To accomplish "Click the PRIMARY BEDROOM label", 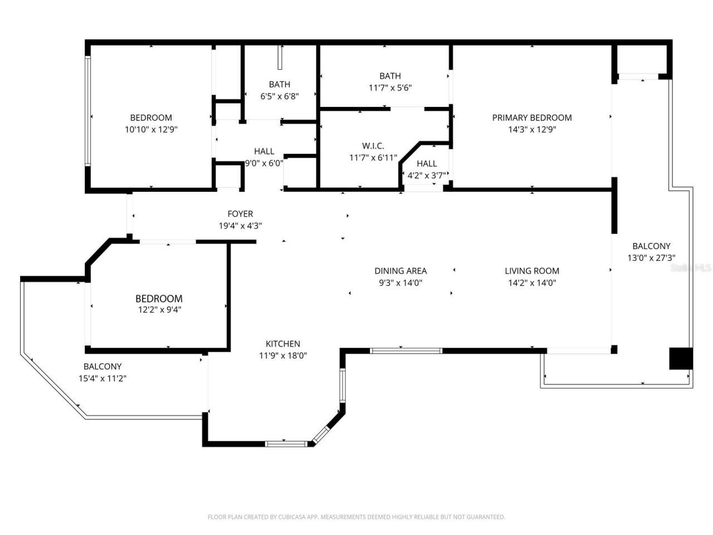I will coord(531,118).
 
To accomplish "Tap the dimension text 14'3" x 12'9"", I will coord(531,129).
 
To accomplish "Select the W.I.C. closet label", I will coord(373,146).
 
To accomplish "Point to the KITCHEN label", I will coord(282,344).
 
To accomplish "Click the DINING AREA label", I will coord(400,271).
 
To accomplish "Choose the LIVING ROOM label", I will coord(531,271).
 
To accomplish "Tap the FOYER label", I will coord(240,214).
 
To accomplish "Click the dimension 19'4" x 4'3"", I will coord(240,226).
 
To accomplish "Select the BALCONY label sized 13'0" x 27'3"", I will coord(651,246).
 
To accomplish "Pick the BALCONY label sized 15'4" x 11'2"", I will coord(102,367).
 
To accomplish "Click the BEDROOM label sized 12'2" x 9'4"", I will coord(159,299).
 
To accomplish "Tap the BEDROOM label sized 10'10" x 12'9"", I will coord(151,118).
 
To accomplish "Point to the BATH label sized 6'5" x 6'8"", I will coord(279,84).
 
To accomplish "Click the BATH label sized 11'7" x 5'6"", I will coord(390,76).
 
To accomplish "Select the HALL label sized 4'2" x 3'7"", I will coord(427,163).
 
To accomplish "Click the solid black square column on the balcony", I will coord(680,358).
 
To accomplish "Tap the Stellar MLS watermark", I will coord(691,267).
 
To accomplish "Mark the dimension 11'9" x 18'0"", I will coord(282,356).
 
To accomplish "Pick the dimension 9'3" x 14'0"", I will coord(400,283).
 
